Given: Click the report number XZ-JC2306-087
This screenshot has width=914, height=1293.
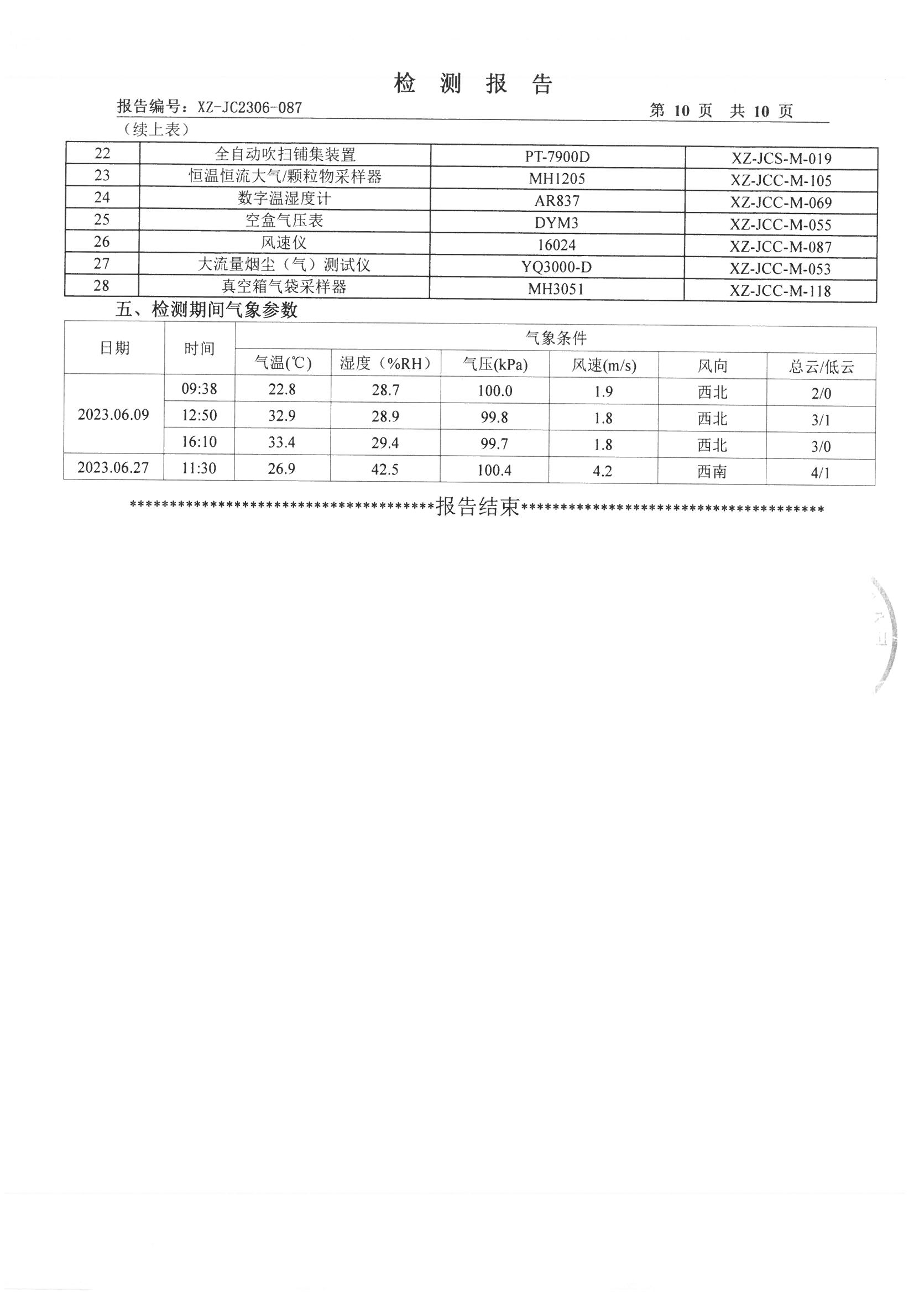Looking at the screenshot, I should click(x=249, y=107).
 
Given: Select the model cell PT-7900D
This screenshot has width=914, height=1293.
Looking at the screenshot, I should click(x=557, y=157).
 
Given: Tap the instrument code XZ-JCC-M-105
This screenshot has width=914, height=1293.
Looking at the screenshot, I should click(x=781, y=181).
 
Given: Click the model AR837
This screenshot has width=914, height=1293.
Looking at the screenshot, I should click(x=557, y=201).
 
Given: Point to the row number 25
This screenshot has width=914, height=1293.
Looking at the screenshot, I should click(x=102, y=220).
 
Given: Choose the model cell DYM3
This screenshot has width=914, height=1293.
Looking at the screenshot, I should click(x=556, y=223).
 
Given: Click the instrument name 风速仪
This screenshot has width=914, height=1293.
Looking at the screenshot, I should click(x=284, y=243).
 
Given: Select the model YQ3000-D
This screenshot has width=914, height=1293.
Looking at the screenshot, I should click(x=556, y=267).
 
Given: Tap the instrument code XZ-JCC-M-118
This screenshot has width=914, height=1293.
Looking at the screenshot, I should click(x=780, y=291).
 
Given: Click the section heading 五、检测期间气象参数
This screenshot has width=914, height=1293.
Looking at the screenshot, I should click(x=206, y=310).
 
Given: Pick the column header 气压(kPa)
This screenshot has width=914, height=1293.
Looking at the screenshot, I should click(x=495, y=364).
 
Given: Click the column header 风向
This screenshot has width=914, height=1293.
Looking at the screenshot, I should click(x=712, y=367).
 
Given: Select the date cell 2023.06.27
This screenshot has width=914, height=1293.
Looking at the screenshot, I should click(x=113, y=467).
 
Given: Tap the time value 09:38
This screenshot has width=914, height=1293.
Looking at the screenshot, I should click(x=199, y=389).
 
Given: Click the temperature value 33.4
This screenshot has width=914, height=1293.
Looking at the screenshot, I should click(x=281, y=442).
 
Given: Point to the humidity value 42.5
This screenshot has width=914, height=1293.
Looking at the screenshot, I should click(x=385, y=469).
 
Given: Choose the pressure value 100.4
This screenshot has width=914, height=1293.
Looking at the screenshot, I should click(x=494, y=470).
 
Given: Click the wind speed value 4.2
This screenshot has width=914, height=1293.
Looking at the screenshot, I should click(x=603, y=471).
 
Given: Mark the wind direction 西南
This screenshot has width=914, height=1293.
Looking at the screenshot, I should click(x=712, y=471).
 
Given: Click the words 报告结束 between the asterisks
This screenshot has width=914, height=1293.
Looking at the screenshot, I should click(x=478, y=507).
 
